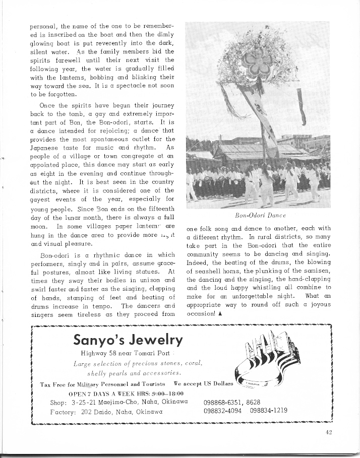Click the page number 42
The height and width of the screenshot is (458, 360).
pos(329,431)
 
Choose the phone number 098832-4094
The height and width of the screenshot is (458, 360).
pos(222,410)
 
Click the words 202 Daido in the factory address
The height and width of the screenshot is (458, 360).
pos(94,411)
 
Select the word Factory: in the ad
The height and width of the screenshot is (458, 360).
pos(62,411)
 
